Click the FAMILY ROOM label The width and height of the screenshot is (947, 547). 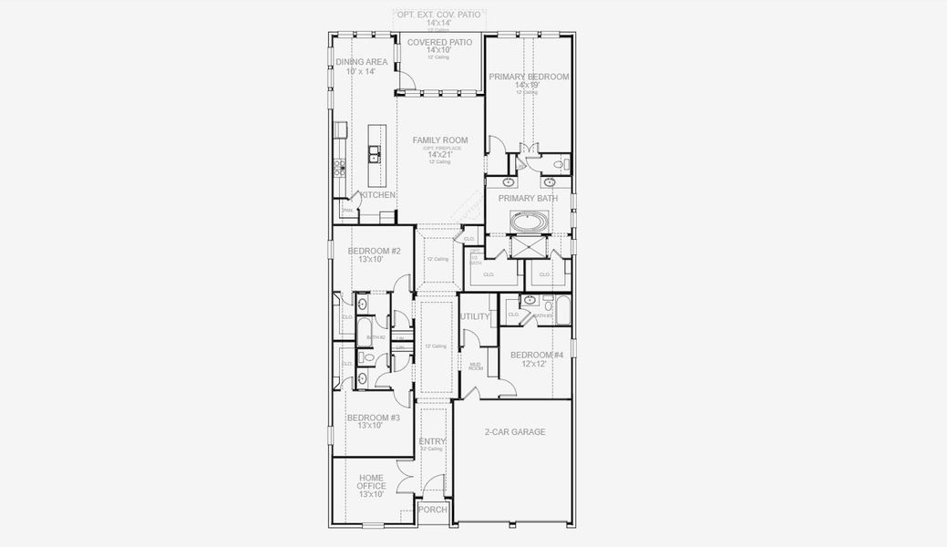point(440,140)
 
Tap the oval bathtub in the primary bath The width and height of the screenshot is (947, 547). point(529,222)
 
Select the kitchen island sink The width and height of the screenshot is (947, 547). point(373,156)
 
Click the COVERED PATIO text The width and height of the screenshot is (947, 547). point(439,43)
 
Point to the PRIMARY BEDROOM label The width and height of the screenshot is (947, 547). point(529,77)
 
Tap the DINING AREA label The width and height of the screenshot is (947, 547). point(361,62)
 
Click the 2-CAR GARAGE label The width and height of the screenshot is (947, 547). point(515,432)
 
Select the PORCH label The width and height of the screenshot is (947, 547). point(433,510)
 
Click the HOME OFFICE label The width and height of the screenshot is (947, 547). point(371,482)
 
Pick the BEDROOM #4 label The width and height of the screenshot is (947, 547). point(537,355)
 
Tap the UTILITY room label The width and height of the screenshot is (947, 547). point(475,316)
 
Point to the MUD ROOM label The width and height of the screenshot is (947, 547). point(476,366)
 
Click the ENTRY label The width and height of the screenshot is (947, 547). point(432,442)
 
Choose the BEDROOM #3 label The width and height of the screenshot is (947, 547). point(373,418)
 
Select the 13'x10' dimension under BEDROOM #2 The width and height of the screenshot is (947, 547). point(371,260)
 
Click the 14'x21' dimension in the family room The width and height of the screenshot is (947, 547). point(440,155)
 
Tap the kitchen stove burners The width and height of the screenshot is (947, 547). point(340,167)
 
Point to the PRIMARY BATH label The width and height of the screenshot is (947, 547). point(529,198)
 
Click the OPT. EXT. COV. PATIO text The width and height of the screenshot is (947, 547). point(438,15)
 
